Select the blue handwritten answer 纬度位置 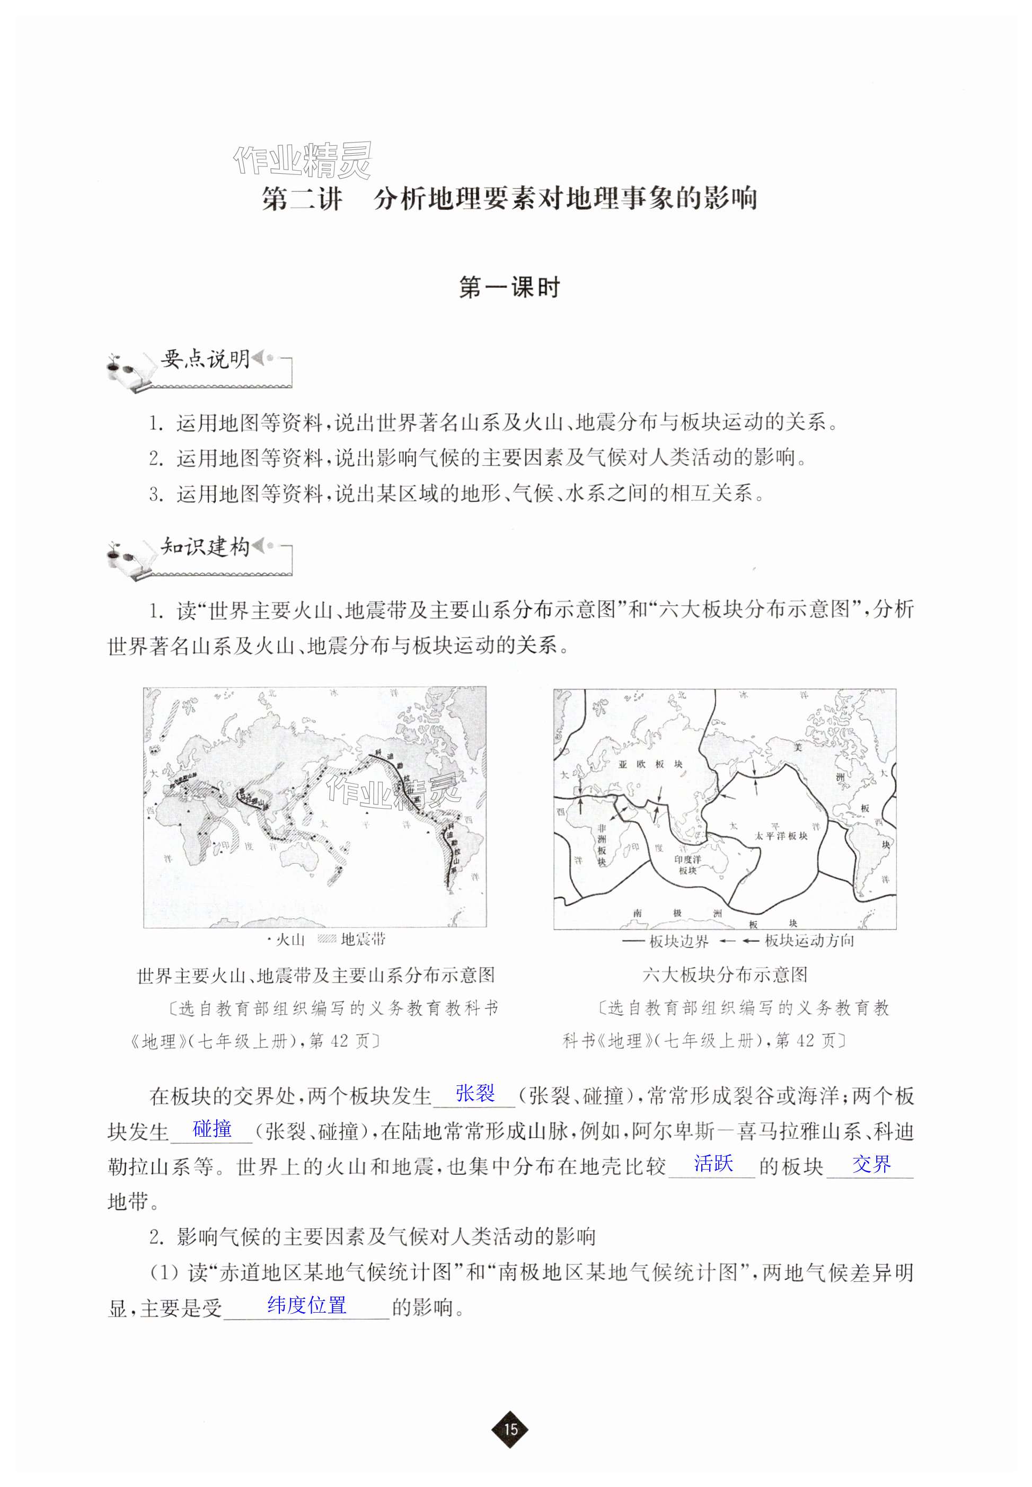[x=307, y=1305]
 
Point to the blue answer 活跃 [x=713, y=1164]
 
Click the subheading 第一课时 [x=509, y=288]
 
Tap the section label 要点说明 [x=205, y=359]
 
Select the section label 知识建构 [x=205, y=547]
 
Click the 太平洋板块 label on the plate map [x=781, y=835]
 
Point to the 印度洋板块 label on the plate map [x=688, y=865]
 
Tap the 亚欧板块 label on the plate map [x=650, y=764]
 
